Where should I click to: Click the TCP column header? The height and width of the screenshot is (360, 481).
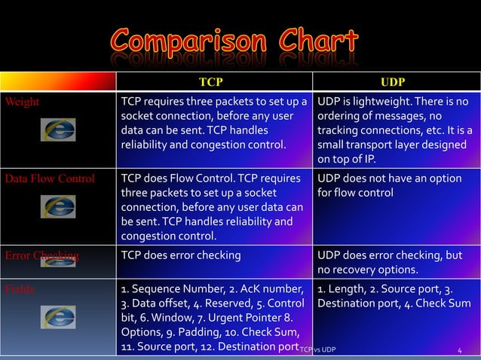[x=210, y=81]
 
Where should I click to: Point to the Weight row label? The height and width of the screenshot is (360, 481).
[x=22, y=102]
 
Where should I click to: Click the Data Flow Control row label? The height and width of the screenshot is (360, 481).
[x=50, y=179]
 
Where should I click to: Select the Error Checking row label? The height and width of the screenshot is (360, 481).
[x=42, y=255]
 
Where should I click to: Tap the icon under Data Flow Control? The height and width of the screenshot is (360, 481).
[x=58, y=207]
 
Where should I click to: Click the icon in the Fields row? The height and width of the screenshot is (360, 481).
[x=58, y=317]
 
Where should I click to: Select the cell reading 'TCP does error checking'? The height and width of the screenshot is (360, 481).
[x=181, y=255]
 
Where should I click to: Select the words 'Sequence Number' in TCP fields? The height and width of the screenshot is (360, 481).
[x=175, y=289]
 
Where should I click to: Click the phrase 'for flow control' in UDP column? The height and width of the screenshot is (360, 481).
[x=355, y=193]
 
